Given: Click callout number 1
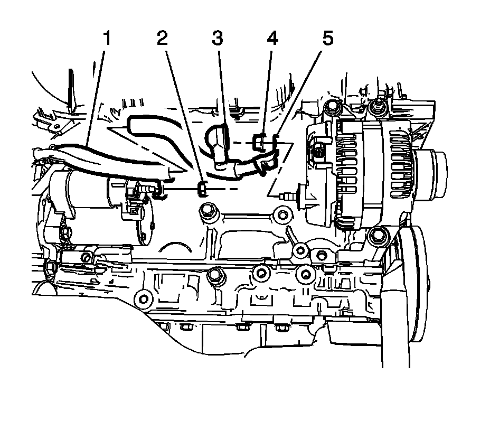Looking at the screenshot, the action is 107,38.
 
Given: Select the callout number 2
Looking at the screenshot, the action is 162,38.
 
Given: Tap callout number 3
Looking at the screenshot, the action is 217,38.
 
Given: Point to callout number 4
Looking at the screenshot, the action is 272,38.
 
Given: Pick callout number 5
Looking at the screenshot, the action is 328,38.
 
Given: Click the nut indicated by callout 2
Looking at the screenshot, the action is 202,189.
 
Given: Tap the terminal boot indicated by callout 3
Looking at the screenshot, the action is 218,143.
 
